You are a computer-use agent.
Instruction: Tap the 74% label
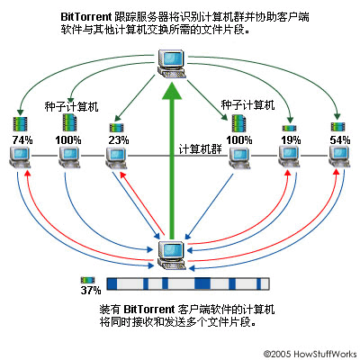click(22, 139)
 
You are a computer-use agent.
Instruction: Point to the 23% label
click(116, 139)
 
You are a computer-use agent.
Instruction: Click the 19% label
click(290, 139)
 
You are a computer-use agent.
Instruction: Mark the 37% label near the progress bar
click(90, 291)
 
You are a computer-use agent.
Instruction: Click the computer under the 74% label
click(22, 159)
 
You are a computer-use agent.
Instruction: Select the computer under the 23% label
click(115, 159)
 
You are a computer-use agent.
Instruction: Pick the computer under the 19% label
click(290, 159)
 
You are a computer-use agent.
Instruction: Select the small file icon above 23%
click(116, 127)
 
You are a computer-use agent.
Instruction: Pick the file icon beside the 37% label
click(88, 280)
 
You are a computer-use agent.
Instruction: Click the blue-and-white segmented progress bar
click(188, 283)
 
